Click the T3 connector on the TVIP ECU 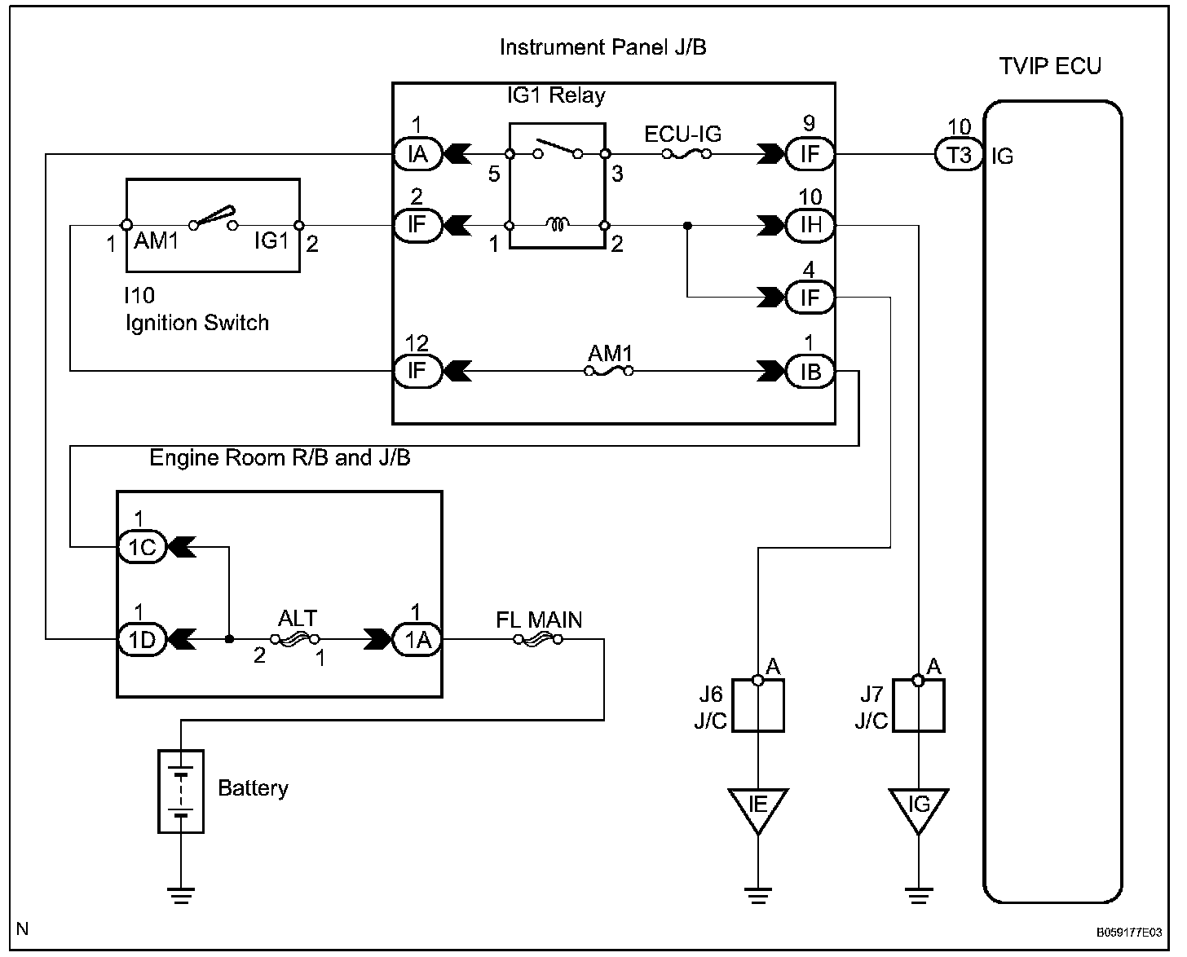[960, 154]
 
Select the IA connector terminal [417, 154]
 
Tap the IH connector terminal [810, 225]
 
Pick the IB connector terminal [810, 372]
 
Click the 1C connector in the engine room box [142, 547]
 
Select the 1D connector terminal [142, 639]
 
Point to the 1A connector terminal [417, 639]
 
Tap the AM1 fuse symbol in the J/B [609, 372]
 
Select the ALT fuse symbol [295, 639]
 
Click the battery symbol [180, 791]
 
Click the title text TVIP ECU [1050, 66]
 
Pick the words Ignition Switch [196, 323]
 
